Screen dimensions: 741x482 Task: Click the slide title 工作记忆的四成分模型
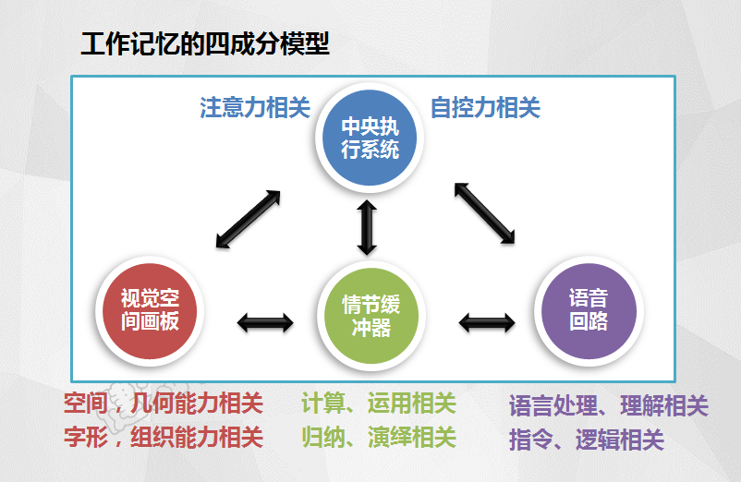coord(205,44)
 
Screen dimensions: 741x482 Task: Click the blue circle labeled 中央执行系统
coord(370,138)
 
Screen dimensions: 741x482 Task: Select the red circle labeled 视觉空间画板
coord(150,311)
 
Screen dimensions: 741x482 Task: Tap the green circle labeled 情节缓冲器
coord(371,316)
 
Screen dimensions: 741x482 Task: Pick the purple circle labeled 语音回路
coord(589,311)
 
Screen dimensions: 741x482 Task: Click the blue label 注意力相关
coord(255,108)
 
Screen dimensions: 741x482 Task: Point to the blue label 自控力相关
coord(485,108)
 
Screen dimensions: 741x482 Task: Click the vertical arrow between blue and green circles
coord(367,227)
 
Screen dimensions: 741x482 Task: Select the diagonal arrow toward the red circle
coord(249,219)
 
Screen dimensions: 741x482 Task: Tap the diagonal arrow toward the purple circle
coord(484,213)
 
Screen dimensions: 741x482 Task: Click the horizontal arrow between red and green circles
coord(265,323)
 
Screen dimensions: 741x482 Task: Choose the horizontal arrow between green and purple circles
coord(487,323)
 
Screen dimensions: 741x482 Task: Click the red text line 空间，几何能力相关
coord(164,404)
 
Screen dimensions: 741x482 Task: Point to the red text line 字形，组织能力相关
coord(164,437)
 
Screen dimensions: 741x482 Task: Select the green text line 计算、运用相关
coord(379,404)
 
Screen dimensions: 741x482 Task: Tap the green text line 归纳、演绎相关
coord(379,437)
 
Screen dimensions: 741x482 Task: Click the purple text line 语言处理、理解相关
coord(609,406)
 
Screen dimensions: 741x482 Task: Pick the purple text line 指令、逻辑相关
coord(587,440)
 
